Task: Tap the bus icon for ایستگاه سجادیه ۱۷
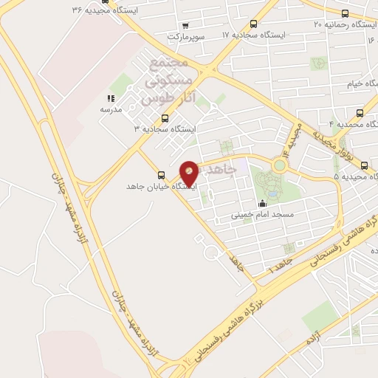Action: (x=255, y=24)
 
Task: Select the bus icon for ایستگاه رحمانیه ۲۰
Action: (x=345, y=13)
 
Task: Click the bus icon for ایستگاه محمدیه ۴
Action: (x=360, y=113)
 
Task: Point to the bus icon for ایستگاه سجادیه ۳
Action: (x=164, y=117)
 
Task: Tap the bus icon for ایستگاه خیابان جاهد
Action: (x=161, y=175)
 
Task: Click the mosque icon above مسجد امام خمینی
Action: (x=262, y=205)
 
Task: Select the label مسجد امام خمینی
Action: (x=262, y=215)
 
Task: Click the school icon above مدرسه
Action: (x=111, y=98)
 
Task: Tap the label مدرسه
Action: (x=110, y=109)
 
